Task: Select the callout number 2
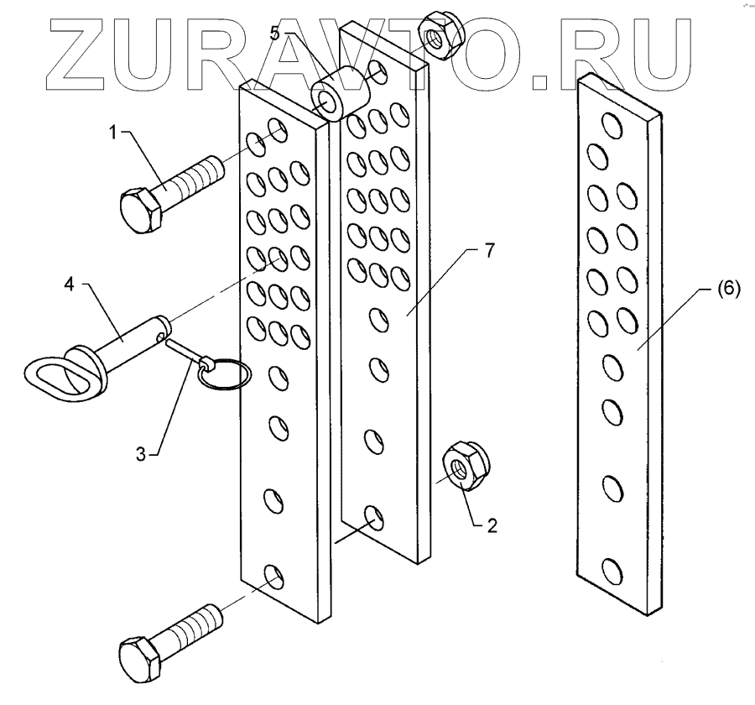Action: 492,526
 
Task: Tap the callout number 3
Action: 142,453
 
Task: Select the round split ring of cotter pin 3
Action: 225,374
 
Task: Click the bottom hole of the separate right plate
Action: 612,572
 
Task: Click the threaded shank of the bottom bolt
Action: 196,625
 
